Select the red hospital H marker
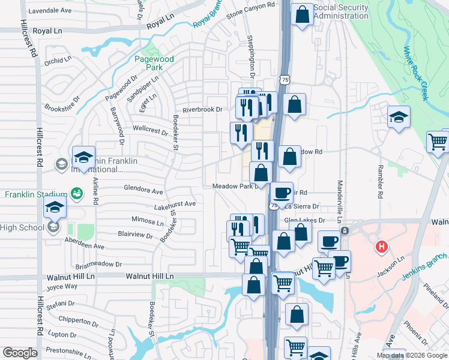[x=381, y=246]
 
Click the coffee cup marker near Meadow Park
[x=281, y=193]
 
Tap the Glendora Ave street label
[x=143, y=191]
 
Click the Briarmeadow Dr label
[x=98, y=264]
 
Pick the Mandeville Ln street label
[x=340, y=184]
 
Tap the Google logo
[x=20, y=353]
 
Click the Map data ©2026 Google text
[x=412, y=355]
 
